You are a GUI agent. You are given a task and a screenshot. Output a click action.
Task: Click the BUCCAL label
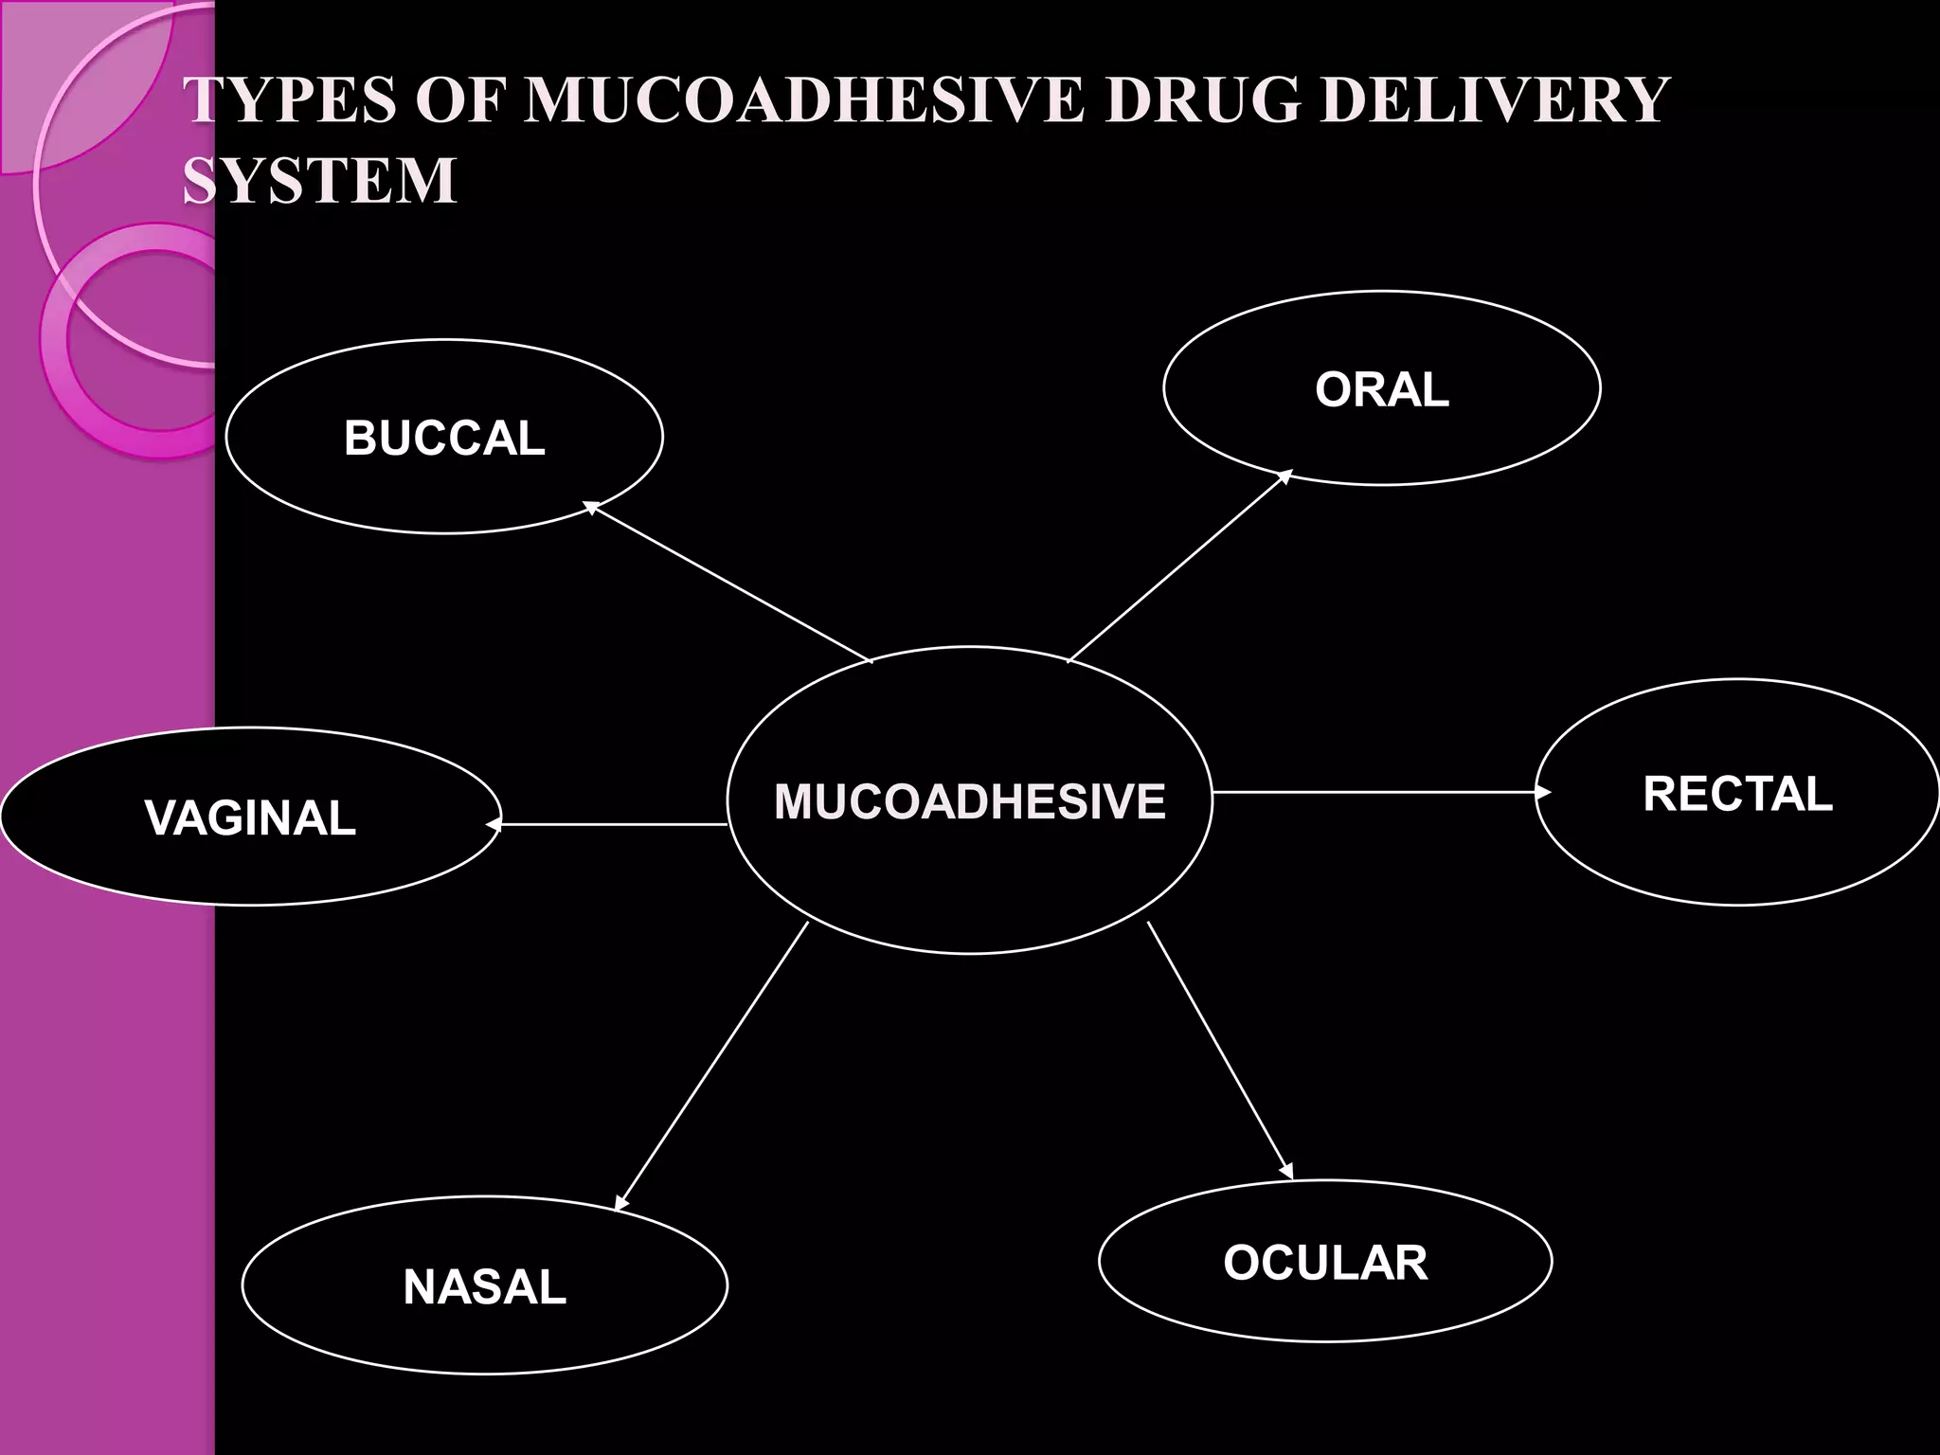point(444,439)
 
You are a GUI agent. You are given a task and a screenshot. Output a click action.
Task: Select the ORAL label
point(1382,389)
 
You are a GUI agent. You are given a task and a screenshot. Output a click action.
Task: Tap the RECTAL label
point(1737,794)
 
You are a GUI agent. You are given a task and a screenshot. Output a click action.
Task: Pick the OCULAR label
point(1325,1263)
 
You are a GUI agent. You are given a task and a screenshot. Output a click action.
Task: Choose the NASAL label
point(485,1286)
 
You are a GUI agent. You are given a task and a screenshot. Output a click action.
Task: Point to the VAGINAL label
point(251,817)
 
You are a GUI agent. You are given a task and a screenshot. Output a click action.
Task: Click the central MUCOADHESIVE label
point(969,801)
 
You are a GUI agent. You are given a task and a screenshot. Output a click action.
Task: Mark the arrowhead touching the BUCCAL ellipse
point(590,508)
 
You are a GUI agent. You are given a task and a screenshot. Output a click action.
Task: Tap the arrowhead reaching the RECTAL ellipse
point(1543,792)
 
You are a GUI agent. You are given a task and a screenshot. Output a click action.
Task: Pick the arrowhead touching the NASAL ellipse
point(620,1203)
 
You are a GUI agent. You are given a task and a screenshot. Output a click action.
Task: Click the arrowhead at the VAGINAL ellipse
point(493,825)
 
